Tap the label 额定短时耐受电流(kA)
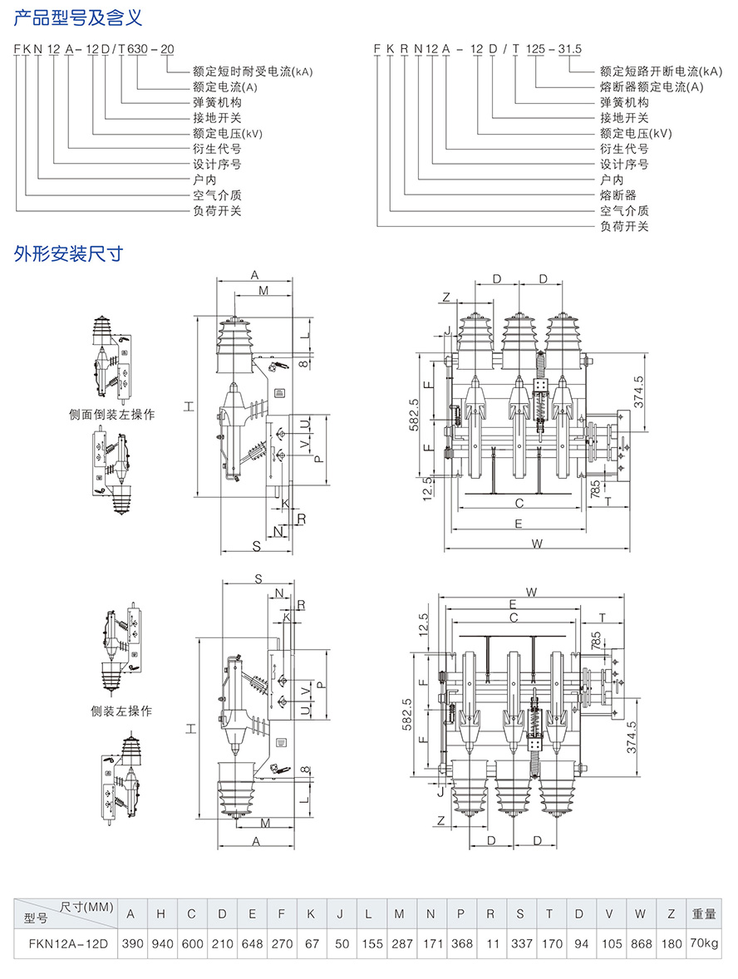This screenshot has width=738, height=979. [x=252, y=71]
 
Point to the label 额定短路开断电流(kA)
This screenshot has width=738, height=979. [x=662, y=71]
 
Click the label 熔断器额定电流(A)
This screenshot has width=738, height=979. [x=652, y=86]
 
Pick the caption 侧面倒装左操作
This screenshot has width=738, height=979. [x=112, y=413]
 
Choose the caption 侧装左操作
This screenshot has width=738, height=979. [x=121, y=711]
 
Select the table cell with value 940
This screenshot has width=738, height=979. [x=161, y=944]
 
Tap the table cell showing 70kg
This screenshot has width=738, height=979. [x=704, y=944]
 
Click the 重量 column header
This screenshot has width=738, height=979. [x=704, y=914]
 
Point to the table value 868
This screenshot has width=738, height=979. [x=640, y=944]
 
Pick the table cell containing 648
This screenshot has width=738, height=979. [x=252, y=944]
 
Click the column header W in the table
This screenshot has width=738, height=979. [x=640, y=914]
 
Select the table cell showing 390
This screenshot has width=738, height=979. [x=131, y=944]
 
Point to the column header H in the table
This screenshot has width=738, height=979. [x=161, y=914]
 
